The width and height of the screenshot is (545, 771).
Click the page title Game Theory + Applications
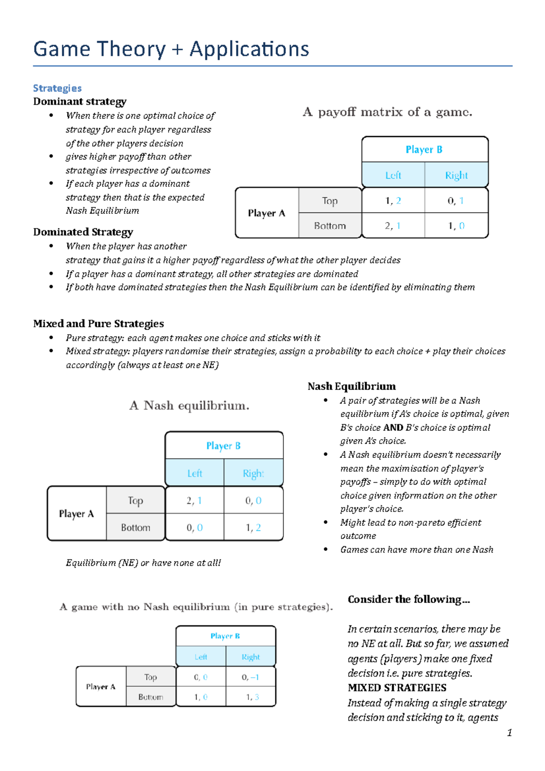pyautogui.click(x=171, y=49)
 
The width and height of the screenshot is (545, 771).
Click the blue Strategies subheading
pyautogui.click(x=57, y=88)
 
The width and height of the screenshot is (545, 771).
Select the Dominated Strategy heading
pyautogui.click(x=83, y=232)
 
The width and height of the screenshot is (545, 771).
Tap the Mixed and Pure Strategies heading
pyautogui.click(x=98, y=324)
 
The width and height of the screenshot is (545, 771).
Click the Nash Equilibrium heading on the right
pyautogui.click(x=352, y=386)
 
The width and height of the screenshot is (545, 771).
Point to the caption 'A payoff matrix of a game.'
pyautogui.click(x=387, y=112)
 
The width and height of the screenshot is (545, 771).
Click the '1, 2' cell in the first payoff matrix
pyautogui.click(x=393, y=201)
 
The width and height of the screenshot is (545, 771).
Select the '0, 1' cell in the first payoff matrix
pyautogui.click(x=456, y=201)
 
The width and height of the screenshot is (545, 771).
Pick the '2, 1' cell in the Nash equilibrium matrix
pyautogui.click(x=194, y=500)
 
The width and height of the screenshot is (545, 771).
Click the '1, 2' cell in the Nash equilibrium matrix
pyautogui.click(x=253, y=528)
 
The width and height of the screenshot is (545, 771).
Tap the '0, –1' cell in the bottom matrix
pyautogui.click(x=250, y=677)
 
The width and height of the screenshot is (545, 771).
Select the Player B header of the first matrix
pyautogui.click(x=424, y=149)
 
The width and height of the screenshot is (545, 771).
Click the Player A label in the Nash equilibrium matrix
pyautogui.click(x=76, y=514)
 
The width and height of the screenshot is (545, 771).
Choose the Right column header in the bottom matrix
pyautogui.click(x=251, y=657)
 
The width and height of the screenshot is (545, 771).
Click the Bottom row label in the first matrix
pyautogui.click(x=330, y=226)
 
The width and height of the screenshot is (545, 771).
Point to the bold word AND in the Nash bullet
pyautogui.click(x=393, y=428)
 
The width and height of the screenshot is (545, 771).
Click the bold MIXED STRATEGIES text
pyautogui.click(x=397, y=688)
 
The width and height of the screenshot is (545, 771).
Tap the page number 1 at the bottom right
pyautogui.click(x=510, y=732)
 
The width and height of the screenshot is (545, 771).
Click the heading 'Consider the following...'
pyautogui.click(x=409, y=599)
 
